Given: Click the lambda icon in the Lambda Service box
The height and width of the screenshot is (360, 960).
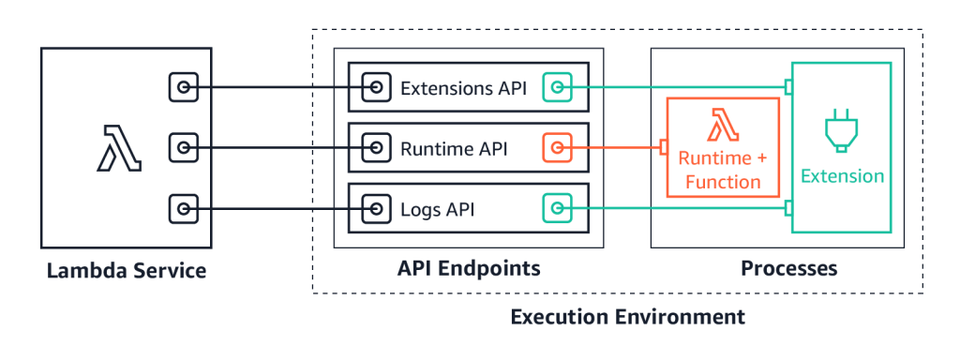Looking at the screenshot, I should pyautogui.click(x=118, y=149).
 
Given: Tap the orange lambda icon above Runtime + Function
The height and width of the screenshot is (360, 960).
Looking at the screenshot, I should pyautogui.click(x=722, y=126).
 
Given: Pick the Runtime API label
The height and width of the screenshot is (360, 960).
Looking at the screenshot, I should pyautogui.click(x=454, y=148).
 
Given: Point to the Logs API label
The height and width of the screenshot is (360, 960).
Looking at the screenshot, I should pyautogui.click(x=437, y=209).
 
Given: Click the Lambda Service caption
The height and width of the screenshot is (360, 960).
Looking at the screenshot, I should pyautogui.click(x=127, y=272).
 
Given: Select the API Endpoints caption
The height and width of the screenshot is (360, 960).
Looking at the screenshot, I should pyautogui.click(x=468, y=269).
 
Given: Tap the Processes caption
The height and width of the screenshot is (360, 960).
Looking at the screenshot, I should pyautogui.click(x=789, y=269).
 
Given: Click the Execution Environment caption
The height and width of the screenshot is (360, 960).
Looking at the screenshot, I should pyautogui.click(x=627, y=317).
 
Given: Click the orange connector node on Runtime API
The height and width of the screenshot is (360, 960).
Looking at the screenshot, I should pyautogui.click(x=557, y=148).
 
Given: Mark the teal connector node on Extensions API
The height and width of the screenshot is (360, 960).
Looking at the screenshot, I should pyautogui.click(x=557, y=88).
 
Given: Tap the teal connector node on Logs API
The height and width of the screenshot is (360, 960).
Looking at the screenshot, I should pyautogui.click(x=557, y=208).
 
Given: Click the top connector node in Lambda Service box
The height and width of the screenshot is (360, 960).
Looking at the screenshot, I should pyautogui.click(x=184, y=88).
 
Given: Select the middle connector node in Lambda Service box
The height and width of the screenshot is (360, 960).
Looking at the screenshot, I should pyautogui.click(x=184, y=148).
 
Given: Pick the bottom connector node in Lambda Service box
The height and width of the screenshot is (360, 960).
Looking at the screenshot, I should pyautogui.click(x=184, y=208).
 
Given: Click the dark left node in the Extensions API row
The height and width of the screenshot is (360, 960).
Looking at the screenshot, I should pyautogui.click(x=376, y=88).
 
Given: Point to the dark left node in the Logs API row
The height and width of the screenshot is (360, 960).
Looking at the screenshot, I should pyautogui.click(x=376, y=208).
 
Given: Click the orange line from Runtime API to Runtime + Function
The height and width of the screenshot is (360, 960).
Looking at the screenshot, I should pyautogui.click(x=614, y=148).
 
